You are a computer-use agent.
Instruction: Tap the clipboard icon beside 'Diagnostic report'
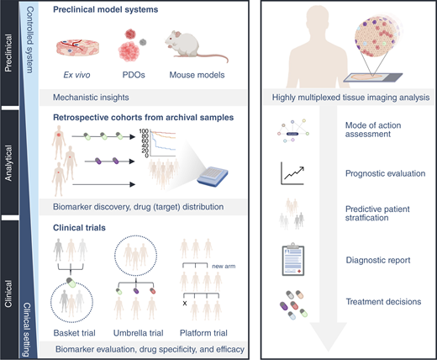[293, 258]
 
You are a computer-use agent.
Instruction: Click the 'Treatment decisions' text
[376, 301]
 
